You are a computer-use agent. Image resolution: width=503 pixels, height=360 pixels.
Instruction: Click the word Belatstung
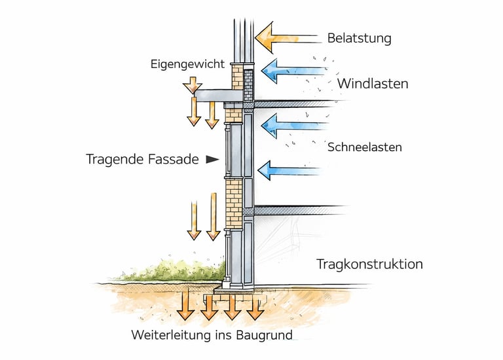360,38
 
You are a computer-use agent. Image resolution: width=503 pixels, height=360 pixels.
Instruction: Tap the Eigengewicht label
187,64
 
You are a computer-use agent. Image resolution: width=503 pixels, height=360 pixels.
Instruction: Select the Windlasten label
373,84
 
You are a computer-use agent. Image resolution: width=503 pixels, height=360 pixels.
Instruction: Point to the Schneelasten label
364,147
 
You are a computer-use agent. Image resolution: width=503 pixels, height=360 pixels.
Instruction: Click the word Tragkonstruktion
369,264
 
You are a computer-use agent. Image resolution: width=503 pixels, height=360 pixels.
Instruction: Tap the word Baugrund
264,335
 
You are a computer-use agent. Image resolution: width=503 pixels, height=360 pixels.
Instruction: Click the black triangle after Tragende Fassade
211,158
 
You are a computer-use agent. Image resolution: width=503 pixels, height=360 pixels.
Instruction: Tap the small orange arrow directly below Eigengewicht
193,84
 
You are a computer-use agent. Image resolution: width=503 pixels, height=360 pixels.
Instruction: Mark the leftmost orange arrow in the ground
185,304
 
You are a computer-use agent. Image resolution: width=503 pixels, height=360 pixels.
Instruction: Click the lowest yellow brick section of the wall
234,204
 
